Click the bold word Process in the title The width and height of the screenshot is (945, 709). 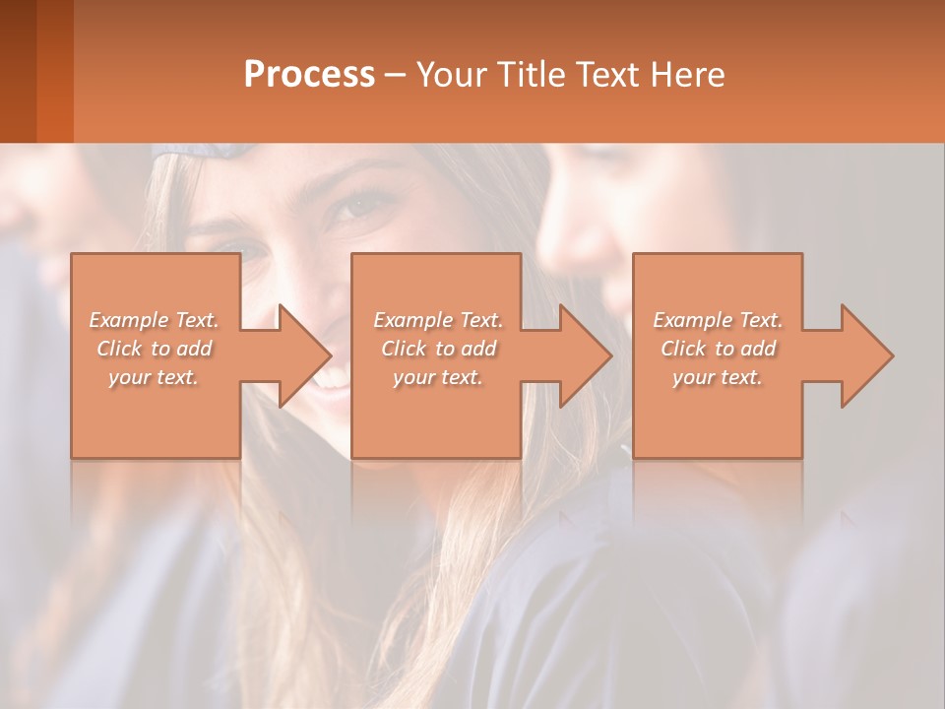point(309,74)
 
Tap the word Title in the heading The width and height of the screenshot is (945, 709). point(531,74)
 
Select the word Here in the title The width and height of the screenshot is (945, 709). point(688,74)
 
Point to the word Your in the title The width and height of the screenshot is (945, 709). point(453,75)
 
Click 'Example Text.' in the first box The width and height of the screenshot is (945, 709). point(154,320)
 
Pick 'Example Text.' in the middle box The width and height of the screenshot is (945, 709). point(438,320)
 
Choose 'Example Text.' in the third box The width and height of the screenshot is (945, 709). point(718,320)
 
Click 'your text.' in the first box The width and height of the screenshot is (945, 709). point(154,377)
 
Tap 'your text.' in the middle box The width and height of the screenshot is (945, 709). point(438,377)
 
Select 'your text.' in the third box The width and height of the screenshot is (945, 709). point(718,377)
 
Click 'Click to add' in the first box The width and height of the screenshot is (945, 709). point(154,349)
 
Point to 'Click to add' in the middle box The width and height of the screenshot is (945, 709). point(438,349)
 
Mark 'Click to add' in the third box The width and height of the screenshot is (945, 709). point(718,349)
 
